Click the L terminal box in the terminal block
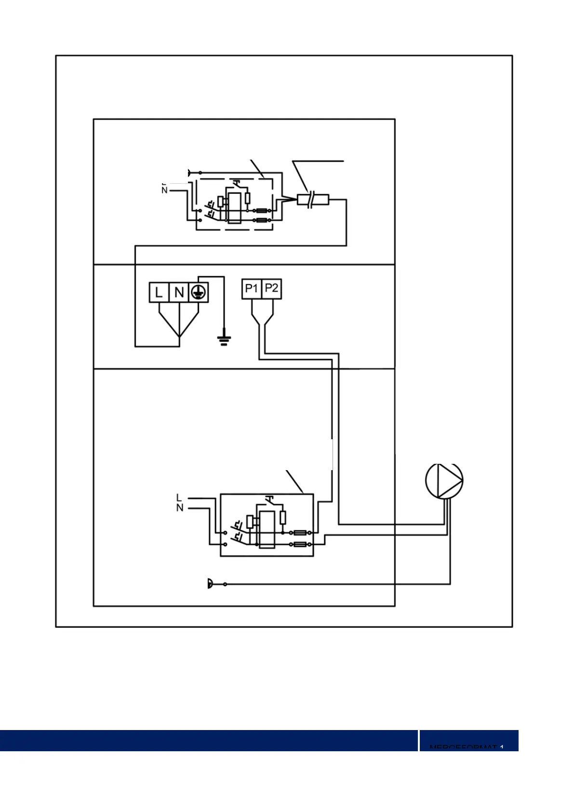pos(159,292)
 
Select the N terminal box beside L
pos(179,292)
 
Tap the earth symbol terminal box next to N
pos(198,292)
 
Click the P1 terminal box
pos(252,289)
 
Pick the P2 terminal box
pos(271,289)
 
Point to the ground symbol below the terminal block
pos(223,340)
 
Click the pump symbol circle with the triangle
pos(444,480)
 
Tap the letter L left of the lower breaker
pos(179,498)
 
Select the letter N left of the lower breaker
pos(179,508)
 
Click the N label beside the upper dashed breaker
pos(164,190)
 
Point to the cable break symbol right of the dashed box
pos(313,199)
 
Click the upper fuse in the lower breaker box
pos(300,533)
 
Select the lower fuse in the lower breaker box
pos(300,544)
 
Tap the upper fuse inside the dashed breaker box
pos(263,211)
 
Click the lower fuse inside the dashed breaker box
pos(263,220)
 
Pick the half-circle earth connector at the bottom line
pos(210,584)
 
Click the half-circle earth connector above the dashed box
pos(190,172)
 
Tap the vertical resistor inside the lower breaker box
pos(283,518)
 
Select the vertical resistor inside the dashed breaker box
pos(248,198)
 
